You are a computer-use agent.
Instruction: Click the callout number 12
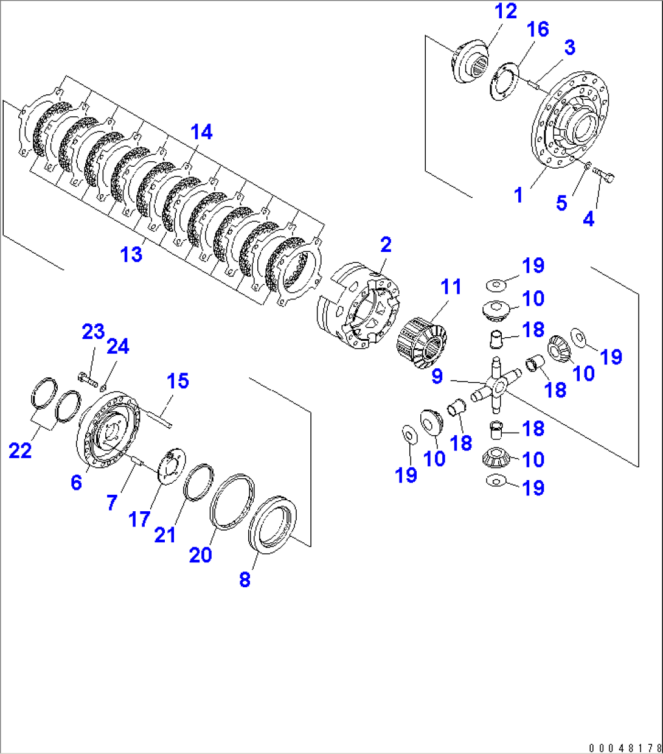coord(505,11)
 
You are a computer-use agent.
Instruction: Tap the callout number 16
coord(538,29)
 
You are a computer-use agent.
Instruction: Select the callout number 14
coord(202,131)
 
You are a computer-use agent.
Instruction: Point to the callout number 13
coord(131,254)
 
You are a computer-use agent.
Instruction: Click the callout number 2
coord(386,245)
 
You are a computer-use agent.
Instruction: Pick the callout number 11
coord(451,287)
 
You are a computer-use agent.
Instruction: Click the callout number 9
coord(437,377)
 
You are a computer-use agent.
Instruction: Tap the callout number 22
coord(20,451)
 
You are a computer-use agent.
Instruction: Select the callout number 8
coord(245,579)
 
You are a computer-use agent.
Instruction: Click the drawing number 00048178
coord(623,747)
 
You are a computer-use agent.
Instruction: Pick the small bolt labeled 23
coord(88,382)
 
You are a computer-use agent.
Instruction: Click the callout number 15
coord(178,382)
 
